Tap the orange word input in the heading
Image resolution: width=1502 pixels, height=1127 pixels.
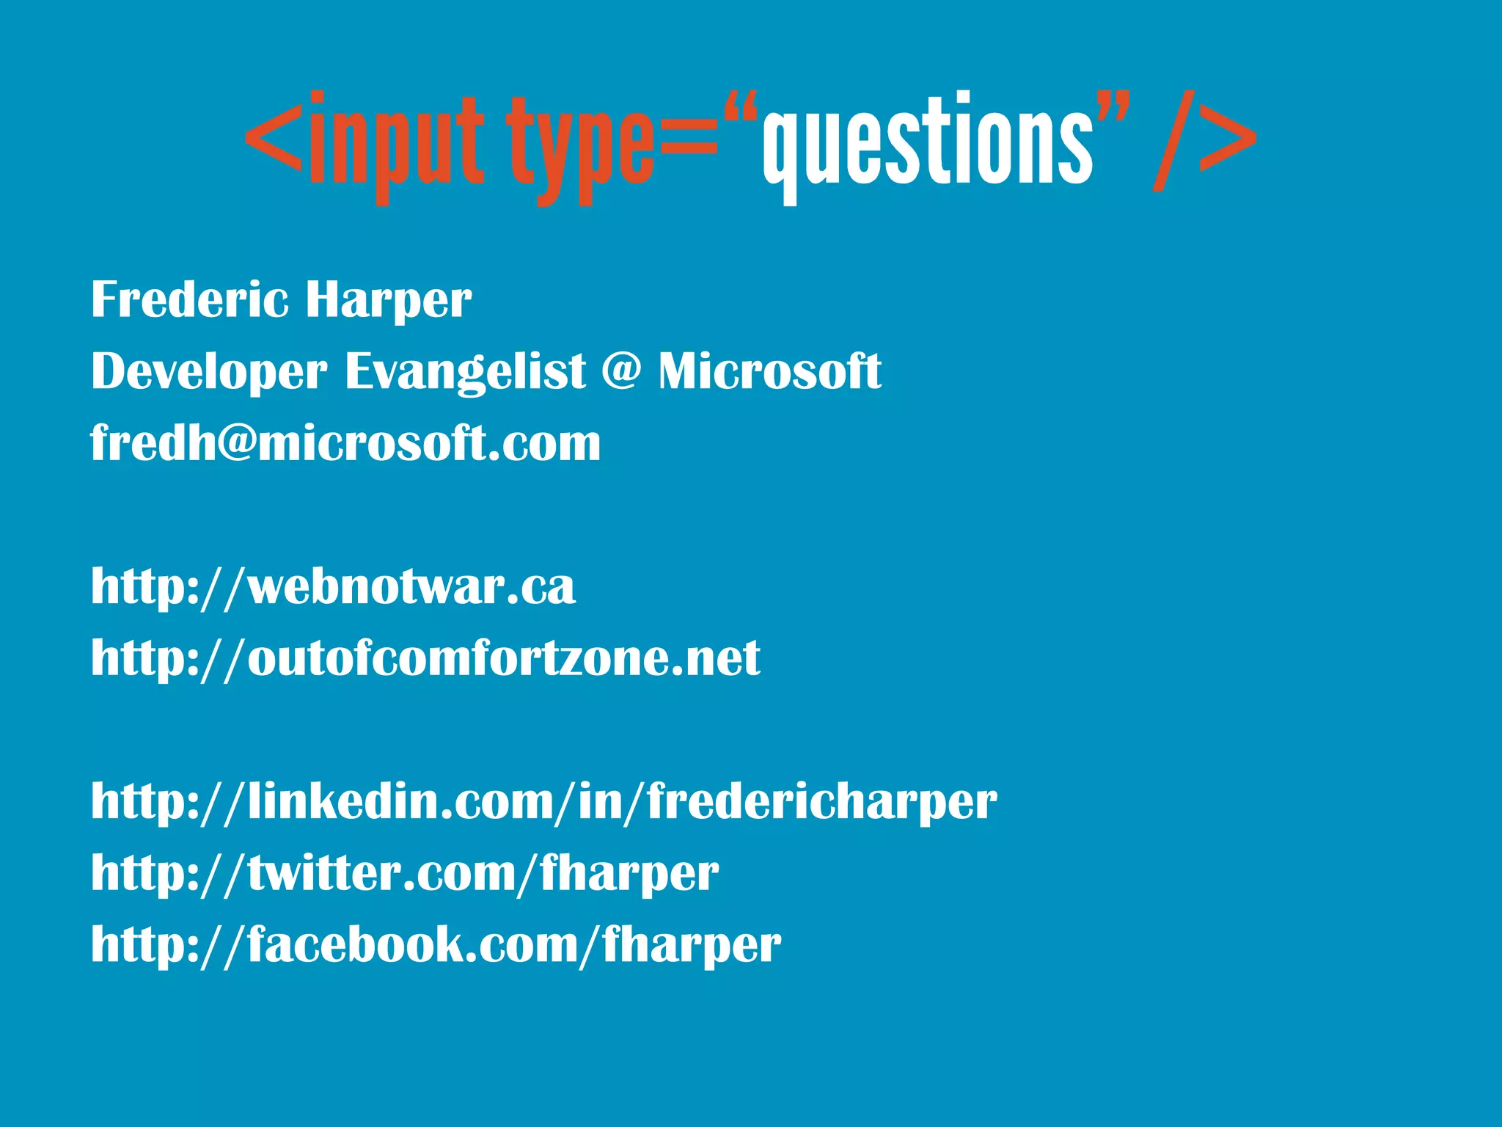pyautogui.click(x=396, y=143)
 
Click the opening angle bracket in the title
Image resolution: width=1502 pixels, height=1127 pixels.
pyautogui.click(x=274, y=139)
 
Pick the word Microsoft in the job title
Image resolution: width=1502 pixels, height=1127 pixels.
pyautogui.click(x=769, y=371)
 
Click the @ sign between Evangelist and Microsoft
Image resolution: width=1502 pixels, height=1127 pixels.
pyautogui.click(x=621, y=371)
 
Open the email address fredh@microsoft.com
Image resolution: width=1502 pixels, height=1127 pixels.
pyautogui.click(x=345, y=442)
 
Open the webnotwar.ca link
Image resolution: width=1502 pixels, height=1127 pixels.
pyautogui.click(x=333, y=587)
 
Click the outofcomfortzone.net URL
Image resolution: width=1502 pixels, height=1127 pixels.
pyautogui.click(x=425, y=657)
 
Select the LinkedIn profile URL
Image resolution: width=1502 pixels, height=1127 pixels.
pyautogui.click(x=543, y=801)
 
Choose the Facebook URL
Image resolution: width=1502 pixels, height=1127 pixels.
pyautogui.click(x=436, y=944)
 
